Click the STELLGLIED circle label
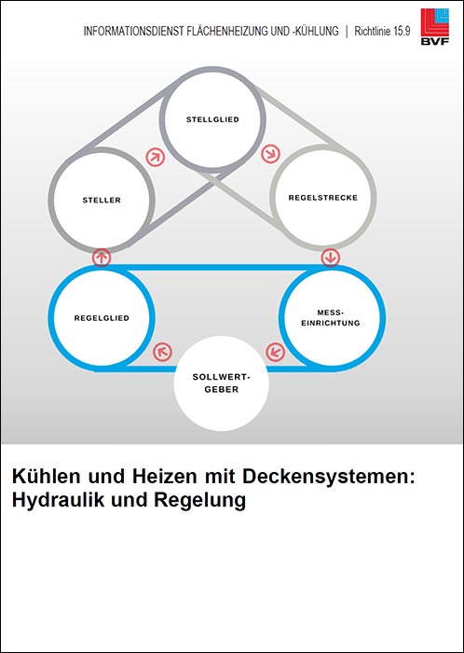[212, 119]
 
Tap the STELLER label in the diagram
[102, 200]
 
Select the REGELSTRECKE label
[323, 198]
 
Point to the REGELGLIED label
[102, 318]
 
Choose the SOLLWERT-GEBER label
[221, 383]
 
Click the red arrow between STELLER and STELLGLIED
[156, 158]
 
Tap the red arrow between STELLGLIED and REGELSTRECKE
[270, 155]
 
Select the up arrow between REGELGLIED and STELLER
[102, 257]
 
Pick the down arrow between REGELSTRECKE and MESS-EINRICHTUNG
[331, 257]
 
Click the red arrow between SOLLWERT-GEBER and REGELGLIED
[162, 352]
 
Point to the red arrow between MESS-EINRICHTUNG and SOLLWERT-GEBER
[275, 352]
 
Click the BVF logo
[435, 26]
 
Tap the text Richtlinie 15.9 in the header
[382, 32]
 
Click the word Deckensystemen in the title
[329, 477]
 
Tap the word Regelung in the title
[199, 501]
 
